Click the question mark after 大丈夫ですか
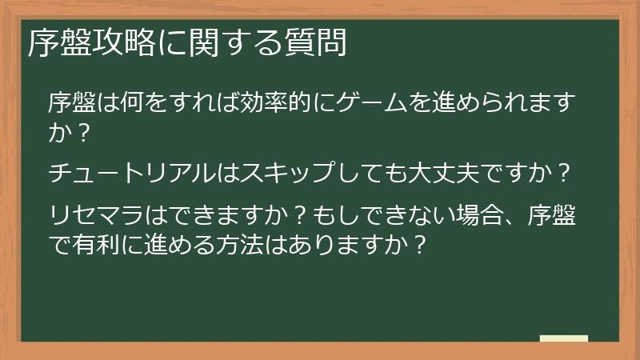pos(563,173)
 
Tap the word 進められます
pos(497,104)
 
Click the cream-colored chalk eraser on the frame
pos(563,339)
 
